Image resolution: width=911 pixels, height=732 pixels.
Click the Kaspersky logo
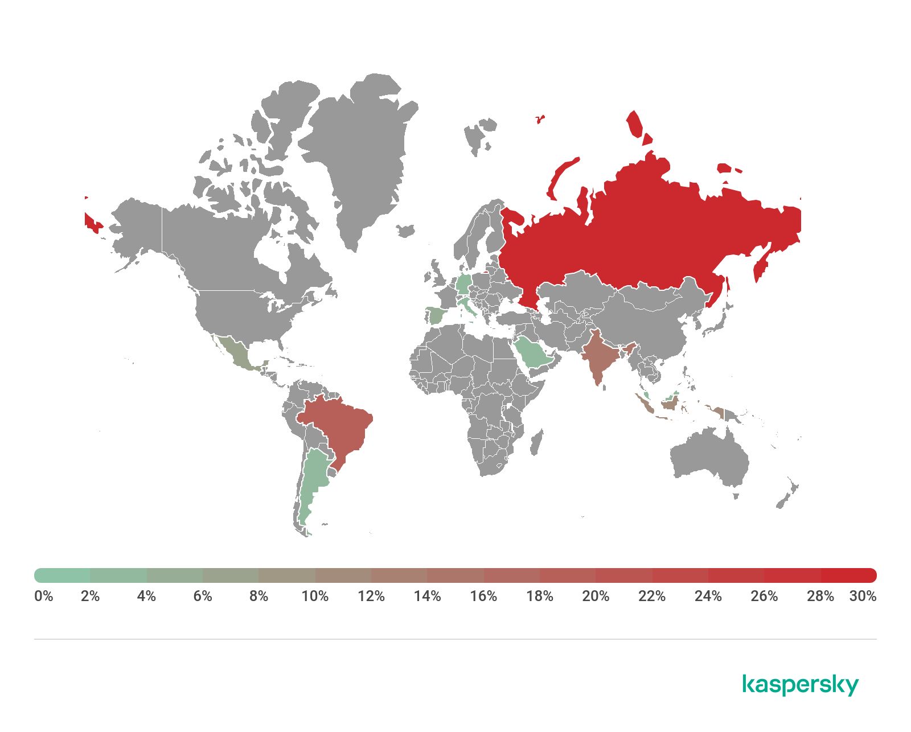point(800,685)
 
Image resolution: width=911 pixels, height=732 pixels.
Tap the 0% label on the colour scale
point(43,596)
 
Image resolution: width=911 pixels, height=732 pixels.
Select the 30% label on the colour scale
point(863,596)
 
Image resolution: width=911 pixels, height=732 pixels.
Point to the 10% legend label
point(315,596)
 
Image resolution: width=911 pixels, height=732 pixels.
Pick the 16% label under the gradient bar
point(483,596)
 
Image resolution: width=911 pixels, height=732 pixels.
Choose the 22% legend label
point(652,596)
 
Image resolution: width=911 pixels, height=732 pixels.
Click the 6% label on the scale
point(203,596)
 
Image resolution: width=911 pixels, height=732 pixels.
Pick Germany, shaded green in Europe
point(464,285)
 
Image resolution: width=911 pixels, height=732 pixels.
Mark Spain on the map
point(435,315)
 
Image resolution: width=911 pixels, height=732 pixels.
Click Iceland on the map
point(405,231)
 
